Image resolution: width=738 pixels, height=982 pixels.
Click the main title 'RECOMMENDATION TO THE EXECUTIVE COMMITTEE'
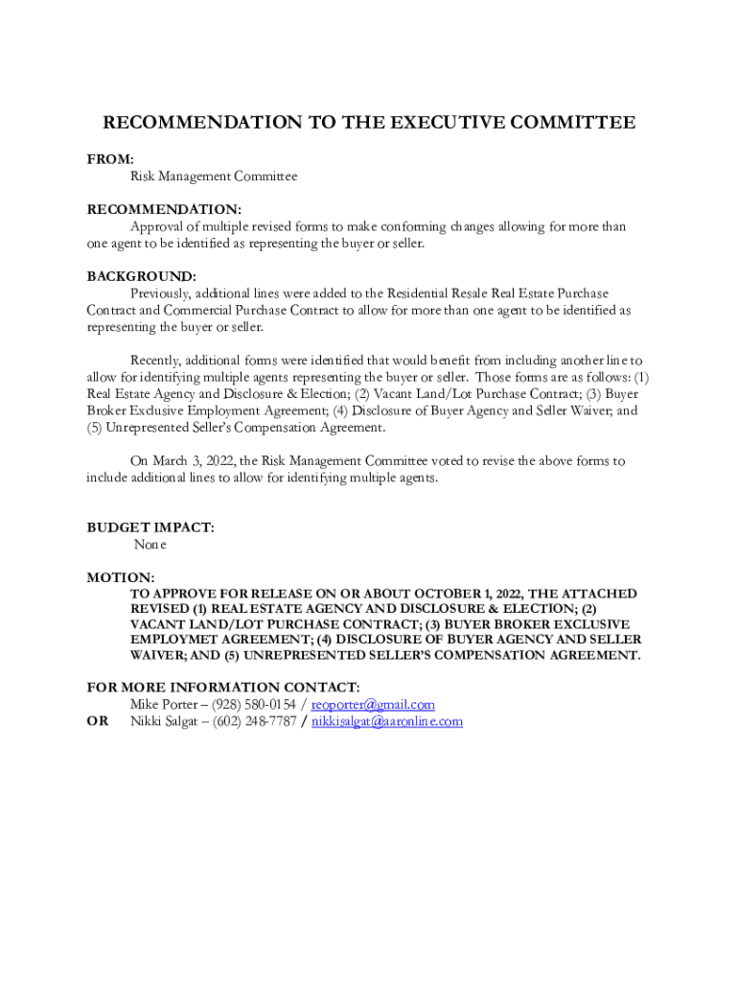pyautogui.click(x=369, y=123)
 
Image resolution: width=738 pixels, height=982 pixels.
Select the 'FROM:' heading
pyautogui.click(x=110, y=159)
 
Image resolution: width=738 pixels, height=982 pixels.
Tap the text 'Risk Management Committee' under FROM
pyautogui.click(x=214, y=176)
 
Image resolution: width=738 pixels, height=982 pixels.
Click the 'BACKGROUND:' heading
pyautogui.click(x=142, y=276)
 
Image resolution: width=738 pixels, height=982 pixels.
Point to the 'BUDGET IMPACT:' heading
pyautogui.click(x=150, y=527)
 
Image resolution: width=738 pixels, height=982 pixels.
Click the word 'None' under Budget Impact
pyautogui.click(x=150, y=545)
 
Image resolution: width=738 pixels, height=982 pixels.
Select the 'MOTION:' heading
pyautogui.click(x=121, y=577)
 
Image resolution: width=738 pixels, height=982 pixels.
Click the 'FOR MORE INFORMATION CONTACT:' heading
pyautogui.click(x=223, y=688)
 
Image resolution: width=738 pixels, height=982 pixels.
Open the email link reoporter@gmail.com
pyautogui.click(x=373, y=705)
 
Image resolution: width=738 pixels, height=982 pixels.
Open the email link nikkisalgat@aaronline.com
pyautogui.click(x=387, y=721)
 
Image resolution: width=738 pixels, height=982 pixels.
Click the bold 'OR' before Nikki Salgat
pyautogui.click(x=98, y=721)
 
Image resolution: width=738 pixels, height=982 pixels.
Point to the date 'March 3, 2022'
pyautogui.click(x=192, y=461)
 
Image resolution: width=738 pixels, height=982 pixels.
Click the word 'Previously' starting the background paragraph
pyautogui.click(x=163, y=293)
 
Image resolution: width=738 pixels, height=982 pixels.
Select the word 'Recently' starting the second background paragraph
pyautogui.click(x=157, y=361)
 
